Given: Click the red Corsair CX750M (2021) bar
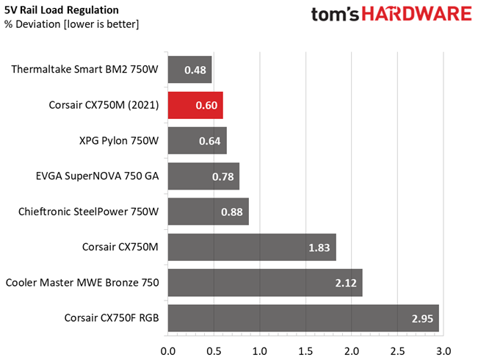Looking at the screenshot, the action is (195, 105).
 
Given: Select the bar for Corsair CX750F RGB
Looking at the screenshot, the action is (303, 318).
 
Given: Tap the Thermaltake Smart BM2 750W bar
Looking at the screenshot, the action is (190, 70).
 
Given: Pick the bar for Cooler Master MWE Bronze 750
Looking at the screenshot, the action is (265, 283).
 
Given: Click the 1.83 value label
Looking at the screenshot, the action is (319, 248).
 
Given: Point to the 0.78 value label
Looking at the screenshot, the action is (222, 176).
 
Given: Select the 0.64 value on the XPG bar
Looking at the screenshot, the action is (210, 141).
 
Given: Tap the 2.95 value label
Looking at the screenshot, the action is (422, 319).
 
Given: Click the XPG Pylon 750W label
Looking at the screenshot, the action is (119, 140).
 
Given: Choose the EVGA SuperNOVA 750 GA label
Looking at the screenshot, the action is (97, 176).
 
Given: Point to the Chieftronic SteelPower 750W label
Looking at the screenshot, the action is (88, 212).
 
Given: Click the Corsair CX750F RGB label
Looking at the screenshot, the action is (112, 318).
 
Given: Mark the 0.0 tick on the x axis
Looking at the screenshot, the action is (168, 351).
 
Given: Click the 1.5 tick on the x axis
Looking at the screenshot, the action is (305, 351).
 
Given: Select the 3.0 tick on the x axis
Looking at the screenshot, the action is (443, 351).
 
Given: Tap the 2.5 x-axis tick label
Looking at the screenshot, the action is (397, 351).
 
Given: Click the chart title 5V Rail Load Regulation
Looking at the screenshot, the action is (61, 10).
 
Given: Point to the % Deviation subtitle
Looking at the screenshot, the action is (72, 24).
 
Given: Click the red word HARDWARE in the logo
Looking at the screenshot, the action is (417, 14).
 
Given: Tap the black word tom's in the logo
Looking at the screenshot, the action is (335, 15).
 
